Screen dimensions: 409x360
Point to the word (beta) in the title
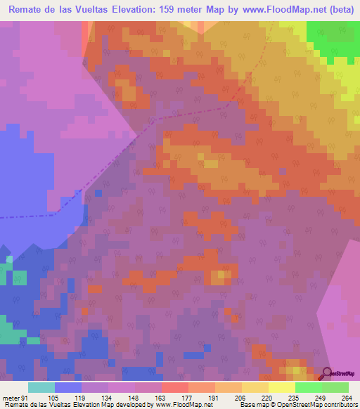[x=337, y=11]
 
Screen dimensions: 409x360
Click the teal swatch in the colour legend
[x=41, y=387]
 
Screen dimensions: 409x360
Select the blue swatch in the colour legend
[x=68, y=387]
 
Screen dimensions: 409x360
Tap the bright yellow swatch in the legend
[x=282, y=387]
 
